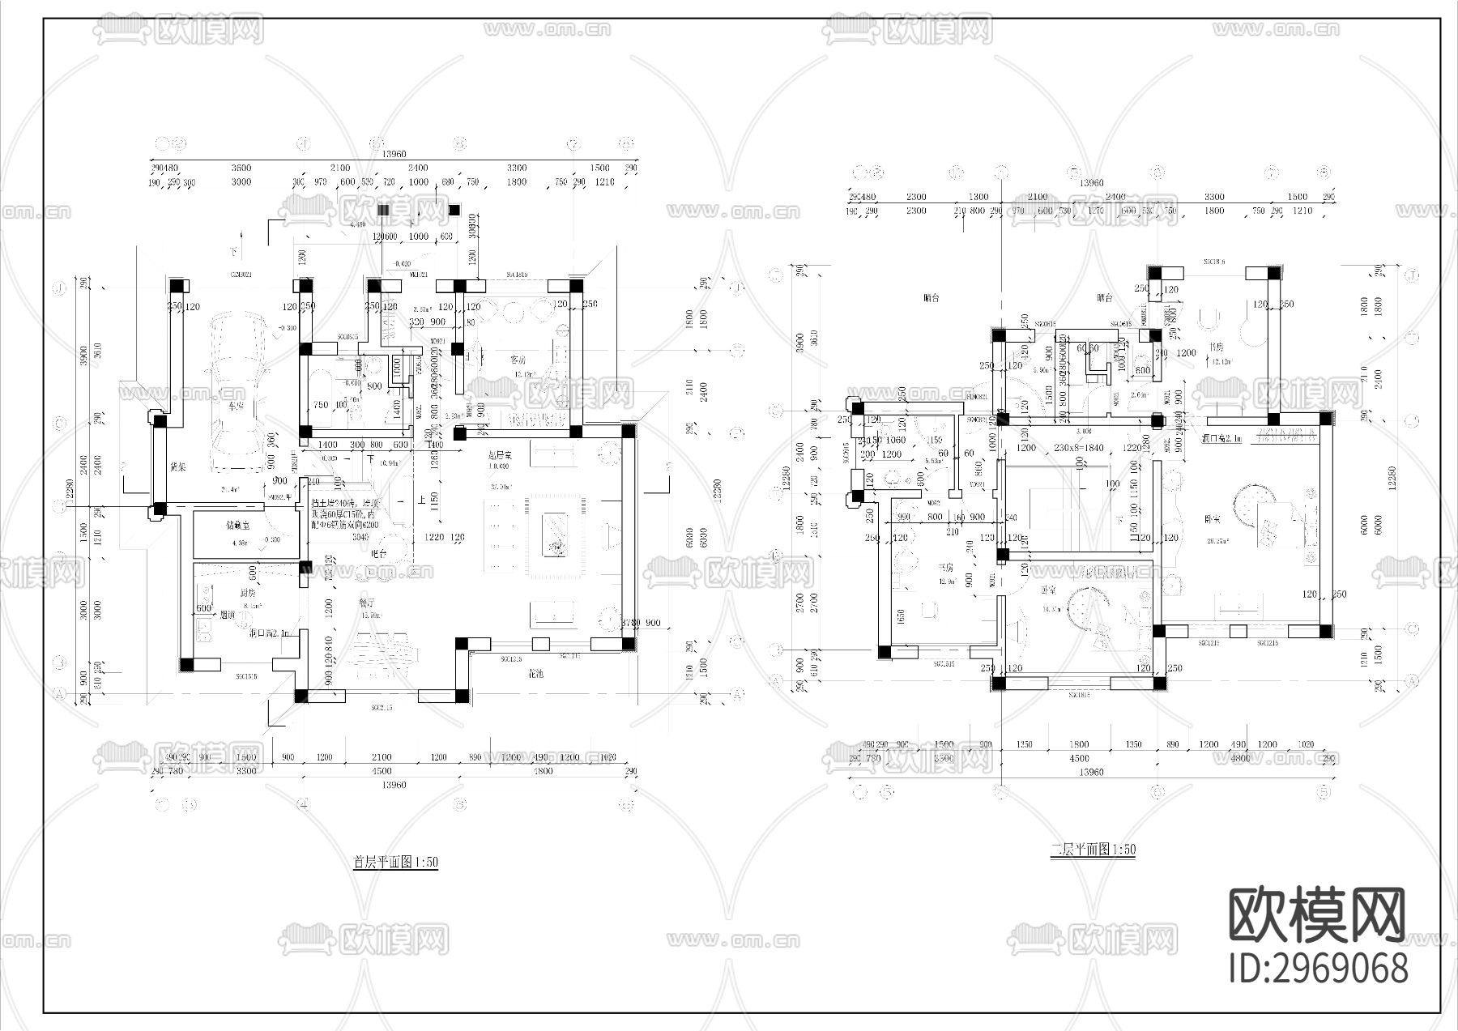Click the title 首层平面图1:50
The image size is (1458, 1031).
click(395, 862)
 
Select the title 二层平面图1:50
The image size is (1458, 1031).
click(1093, 850)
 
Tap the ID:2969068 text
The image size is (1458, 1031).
click(1318, 969)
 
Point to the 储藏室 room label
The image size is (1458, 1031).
click(238, 525)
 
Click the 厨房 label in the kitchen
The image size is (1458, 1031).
click(227, 592)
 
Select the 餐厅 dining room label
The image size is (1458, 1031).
click(366, 603)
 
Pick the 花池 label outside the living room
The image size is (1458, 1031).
click(535, 673)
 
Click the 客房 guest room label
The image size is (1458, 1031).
click(518, 359)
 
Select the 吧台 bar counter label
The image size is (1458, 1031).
click(377, 553)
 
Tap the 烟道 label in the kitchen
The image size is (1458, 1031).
click(228, 615)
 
